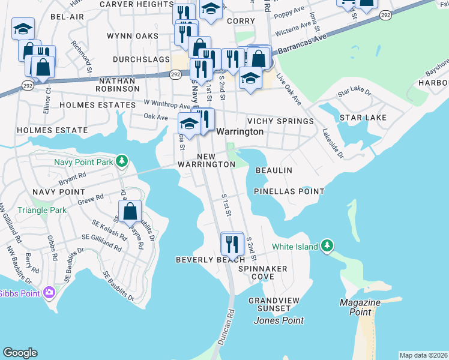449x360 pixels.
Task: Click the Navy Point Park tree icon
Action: point(122,161)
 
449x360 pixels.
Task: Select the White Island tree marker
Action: point(327,245)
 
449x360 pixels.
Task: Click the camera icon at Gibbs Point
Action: point(49,293)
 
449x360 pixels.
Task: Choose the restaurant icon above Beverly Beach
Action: point(232,243)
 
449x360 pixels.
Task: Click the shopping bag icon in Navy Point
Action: point(130,211)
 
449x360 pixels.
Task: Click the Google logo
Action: point(20,353)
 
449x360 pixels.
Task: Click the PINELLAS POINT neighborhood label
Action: point(289,191)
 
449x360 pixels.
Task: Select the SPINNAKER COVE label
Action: point(263,273)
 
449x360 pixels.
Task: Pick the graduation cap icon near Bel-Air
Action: point(23,28)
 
